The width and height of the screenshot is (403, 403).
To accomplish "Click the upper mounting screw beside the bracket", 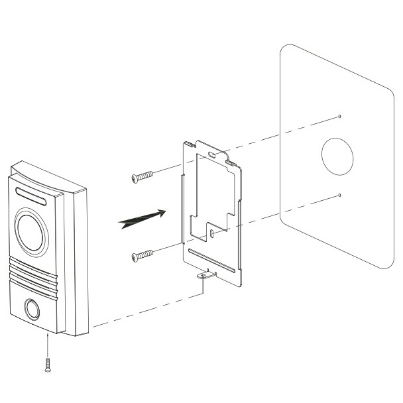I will [x=142, y=176].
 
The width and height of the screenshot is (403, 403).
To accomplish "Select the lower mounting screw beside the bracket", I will [x=142, y=254].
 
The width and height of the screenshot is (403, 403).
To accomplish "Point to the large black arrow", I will [x=141, y=219].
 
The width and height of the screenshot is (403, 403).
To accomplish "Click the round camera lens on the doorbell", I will [x=31, y=230].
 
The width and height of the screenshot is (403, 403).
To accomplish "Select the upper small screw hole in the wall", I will [x=339, y=117].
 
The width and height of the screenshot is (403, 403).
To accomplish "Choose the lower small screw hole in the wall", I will [x=339, y=195].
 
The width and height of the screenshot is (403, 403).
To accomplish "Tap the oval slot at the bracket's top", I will [x=211, y=154].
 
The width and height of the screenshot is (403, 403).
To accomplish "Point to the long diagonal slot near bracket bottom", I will [x=211, y=260].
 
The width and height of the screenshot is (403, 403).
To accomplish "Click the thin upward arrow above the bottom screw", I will [x=48, y=345].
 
